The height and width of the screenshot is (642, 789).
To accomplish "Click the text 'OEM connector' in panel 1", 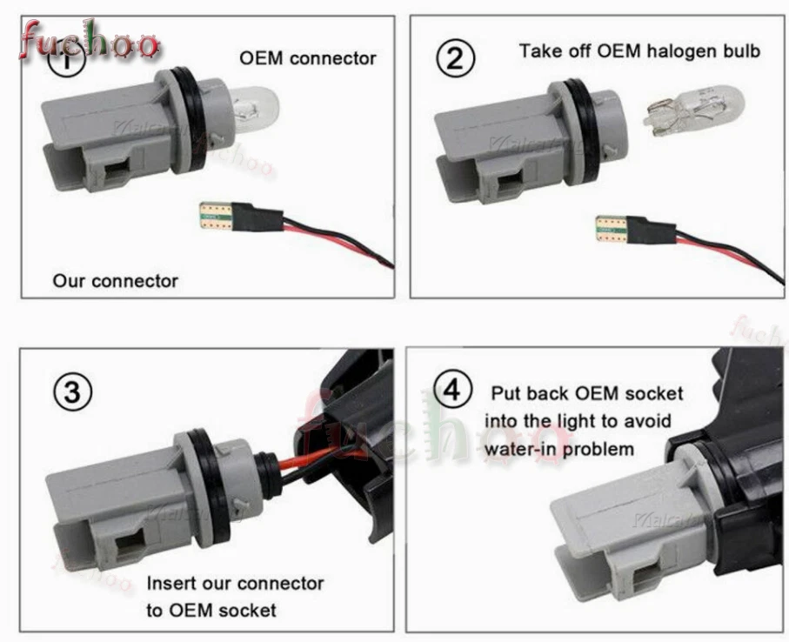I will click(x=308, y=58).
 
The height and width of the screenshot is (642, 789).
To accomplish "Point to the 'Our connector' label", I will click(x=115, y=281).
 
